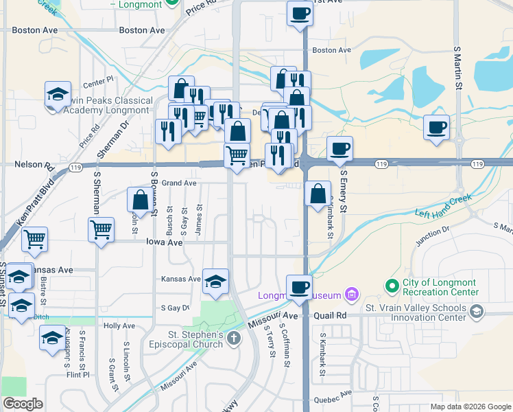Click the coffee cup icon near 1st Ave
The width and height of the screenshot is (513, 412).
pos(300,13)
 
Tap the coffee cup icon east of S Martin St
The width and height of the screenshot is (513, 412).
pos(437,127)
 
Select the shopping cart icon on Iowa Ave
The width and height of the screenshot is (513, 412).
pos(101,229)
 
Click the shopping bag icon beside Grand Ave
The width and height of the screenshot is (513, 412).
pos(140,200)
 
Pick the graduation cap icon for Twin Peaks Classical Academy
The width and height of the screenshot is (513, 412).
pos(58,93)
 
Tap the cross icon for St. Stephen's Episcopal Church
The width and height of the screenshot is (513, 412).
pos(234,337)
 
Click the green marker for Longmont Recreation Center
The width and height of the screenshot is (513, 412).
pos(392,285)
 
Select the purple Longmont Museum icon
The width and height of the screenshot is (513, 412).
pos(352,295)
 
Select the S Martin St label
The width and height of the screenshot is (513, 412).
pos(457,68)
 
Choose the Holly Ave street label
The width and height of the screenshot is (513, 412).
pos(119,325)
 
